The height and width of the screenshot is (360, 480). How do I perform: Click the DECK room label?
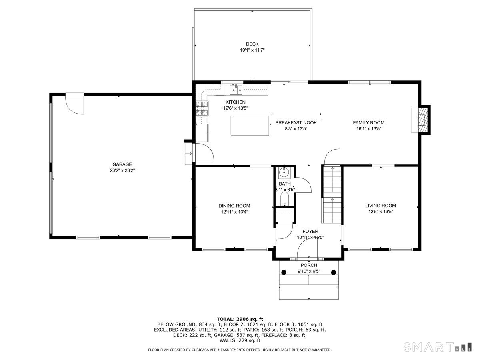point(252,44)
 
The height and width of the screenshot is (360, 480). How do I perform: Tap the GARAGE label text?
point(122,164)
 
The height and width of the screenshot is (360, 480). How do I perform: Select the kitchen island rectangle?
point(250,126)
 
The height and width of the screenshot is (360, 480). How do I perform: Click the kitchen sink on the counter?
point(236,89)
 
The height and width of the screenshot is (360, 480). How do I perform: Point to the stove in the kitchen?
point(202,108)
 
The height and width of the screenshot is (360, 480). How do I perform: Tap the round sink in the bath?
point(284,173)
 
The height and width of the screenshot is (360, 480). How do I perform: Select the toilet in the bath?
point(284,198)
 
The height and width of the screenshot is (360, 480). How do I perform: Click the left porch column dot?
point(284,273)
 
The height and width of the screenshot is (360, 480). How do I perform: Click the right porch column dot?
point(334,273)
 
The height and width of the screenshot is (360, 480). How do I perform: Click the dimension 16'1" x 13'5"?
point(368,129)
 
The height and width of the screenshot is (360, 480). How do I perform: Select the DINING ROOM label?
point(234,206)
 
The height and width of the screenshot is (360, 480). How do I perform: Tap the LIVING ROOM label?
point(380,206)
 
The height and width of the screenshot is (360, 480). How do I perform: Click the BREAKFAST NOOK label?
point(296,123)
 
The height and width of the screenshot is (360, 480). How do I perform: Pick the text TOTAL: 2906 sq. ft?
point(240,319)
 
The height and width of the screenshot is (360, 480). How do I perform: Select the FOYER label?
point(310,231)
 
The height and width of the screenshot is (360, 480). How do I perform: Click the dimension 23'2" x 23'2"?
point(122,170)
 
